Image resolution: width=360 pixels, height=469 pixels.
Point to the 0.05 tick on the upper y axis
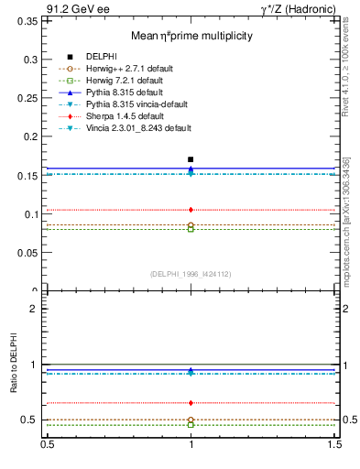27,253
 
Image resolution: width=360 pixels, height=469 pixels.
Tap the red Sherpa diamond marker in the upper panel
191,210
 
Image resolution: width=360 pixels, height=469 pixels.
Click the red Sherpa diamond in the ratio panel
191,403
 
